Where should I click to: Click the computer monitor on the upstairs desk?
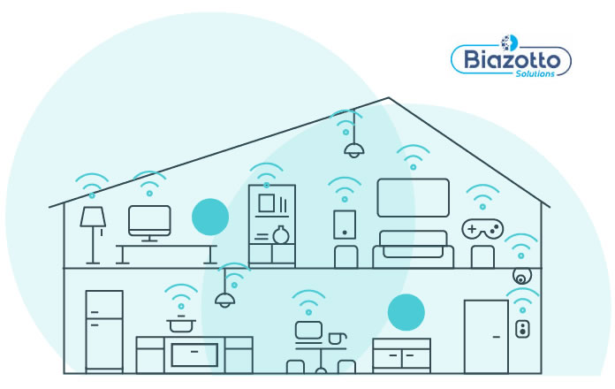[x=148, y=221]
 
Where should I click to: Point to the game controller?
[x=482, y=229]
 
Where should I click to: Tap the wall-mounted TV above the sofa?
[x=406, y=197]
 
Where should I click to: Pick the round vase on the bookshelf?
[x=280, y=235]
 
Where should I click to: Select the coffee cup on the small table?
[x=336, y=339]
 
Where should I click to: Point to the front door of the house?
[x=486, y=336]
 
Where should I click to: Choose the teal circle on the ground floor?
[x=406, y=311]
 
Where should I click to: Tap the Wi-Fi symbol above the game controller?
[x=482, y=197]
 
